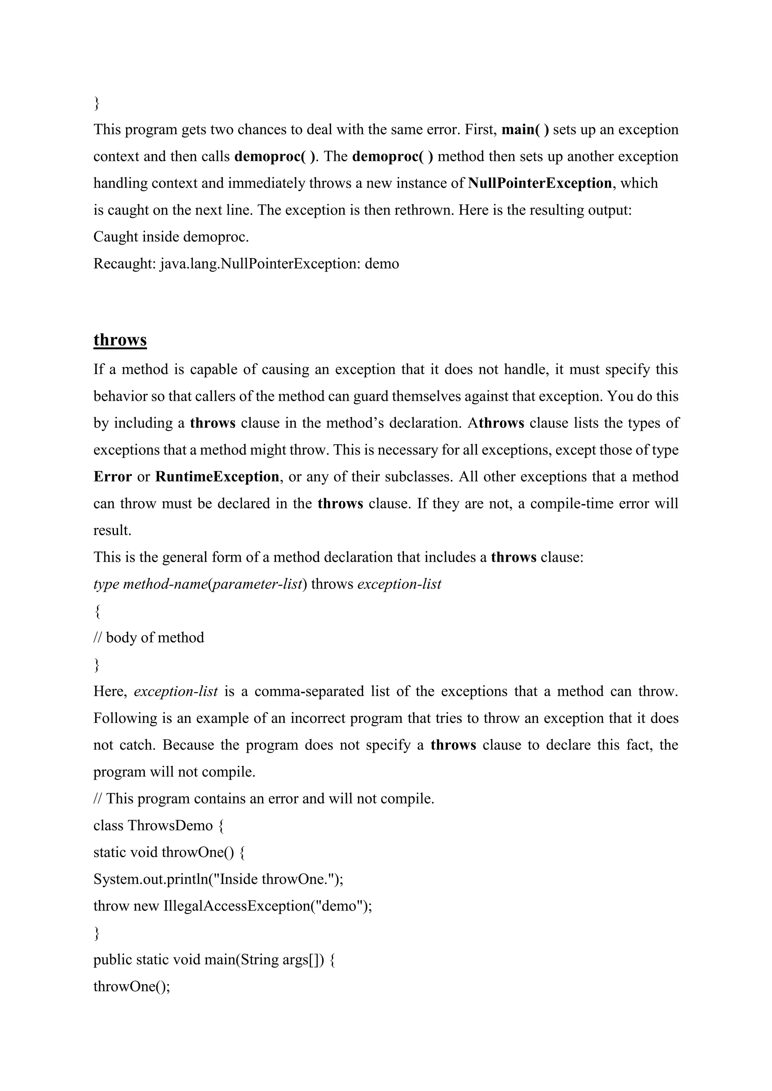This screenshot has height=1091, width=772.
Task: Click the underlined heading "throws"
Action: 120,340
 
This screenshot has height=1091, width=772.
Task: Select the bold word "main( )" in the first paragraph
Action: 525,129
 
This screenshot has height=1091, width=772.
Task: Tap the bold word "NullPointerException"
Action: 539,183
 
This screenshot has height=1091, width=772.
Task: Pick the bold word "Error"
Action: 113,477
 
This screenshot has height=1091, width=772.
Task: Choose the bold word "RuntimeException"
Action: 217,477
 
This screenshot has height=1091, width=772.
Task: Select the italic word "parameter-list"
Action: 257,584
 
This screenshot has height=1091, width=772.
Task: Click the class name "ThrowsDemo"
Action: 170,825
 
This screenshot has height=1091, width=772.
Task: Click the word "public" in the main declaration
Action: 112,960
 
